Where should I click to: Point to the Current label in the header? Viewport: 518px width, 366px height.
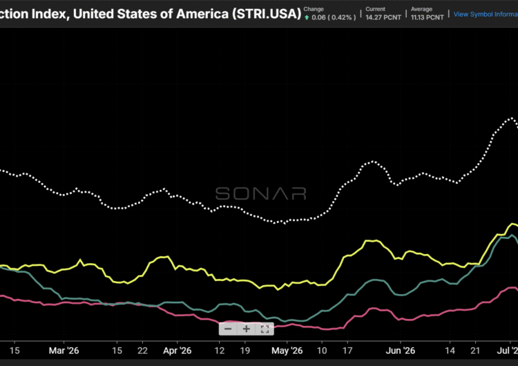click(x=376, y=9)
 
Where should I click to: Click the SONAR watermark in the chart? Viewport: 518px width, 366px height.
click(x=260, y=193)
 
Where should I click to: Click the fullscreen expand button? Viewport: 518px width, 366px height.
click(x=264, y=329)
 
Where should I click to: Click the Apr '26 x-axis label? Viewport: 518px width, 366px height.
click(x=178, y=351)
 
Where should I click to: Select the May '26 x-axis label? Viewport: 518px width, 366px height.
click(x=287, y=351)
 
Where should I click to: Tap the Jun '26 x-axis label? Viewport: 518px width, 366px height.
click(x=399, y=351)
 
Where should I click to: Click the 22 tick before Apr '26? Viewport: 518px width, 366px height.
click(x=143, y=351)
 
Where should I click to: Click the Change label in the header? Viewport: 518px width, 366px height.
click(x=314, y=9)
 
